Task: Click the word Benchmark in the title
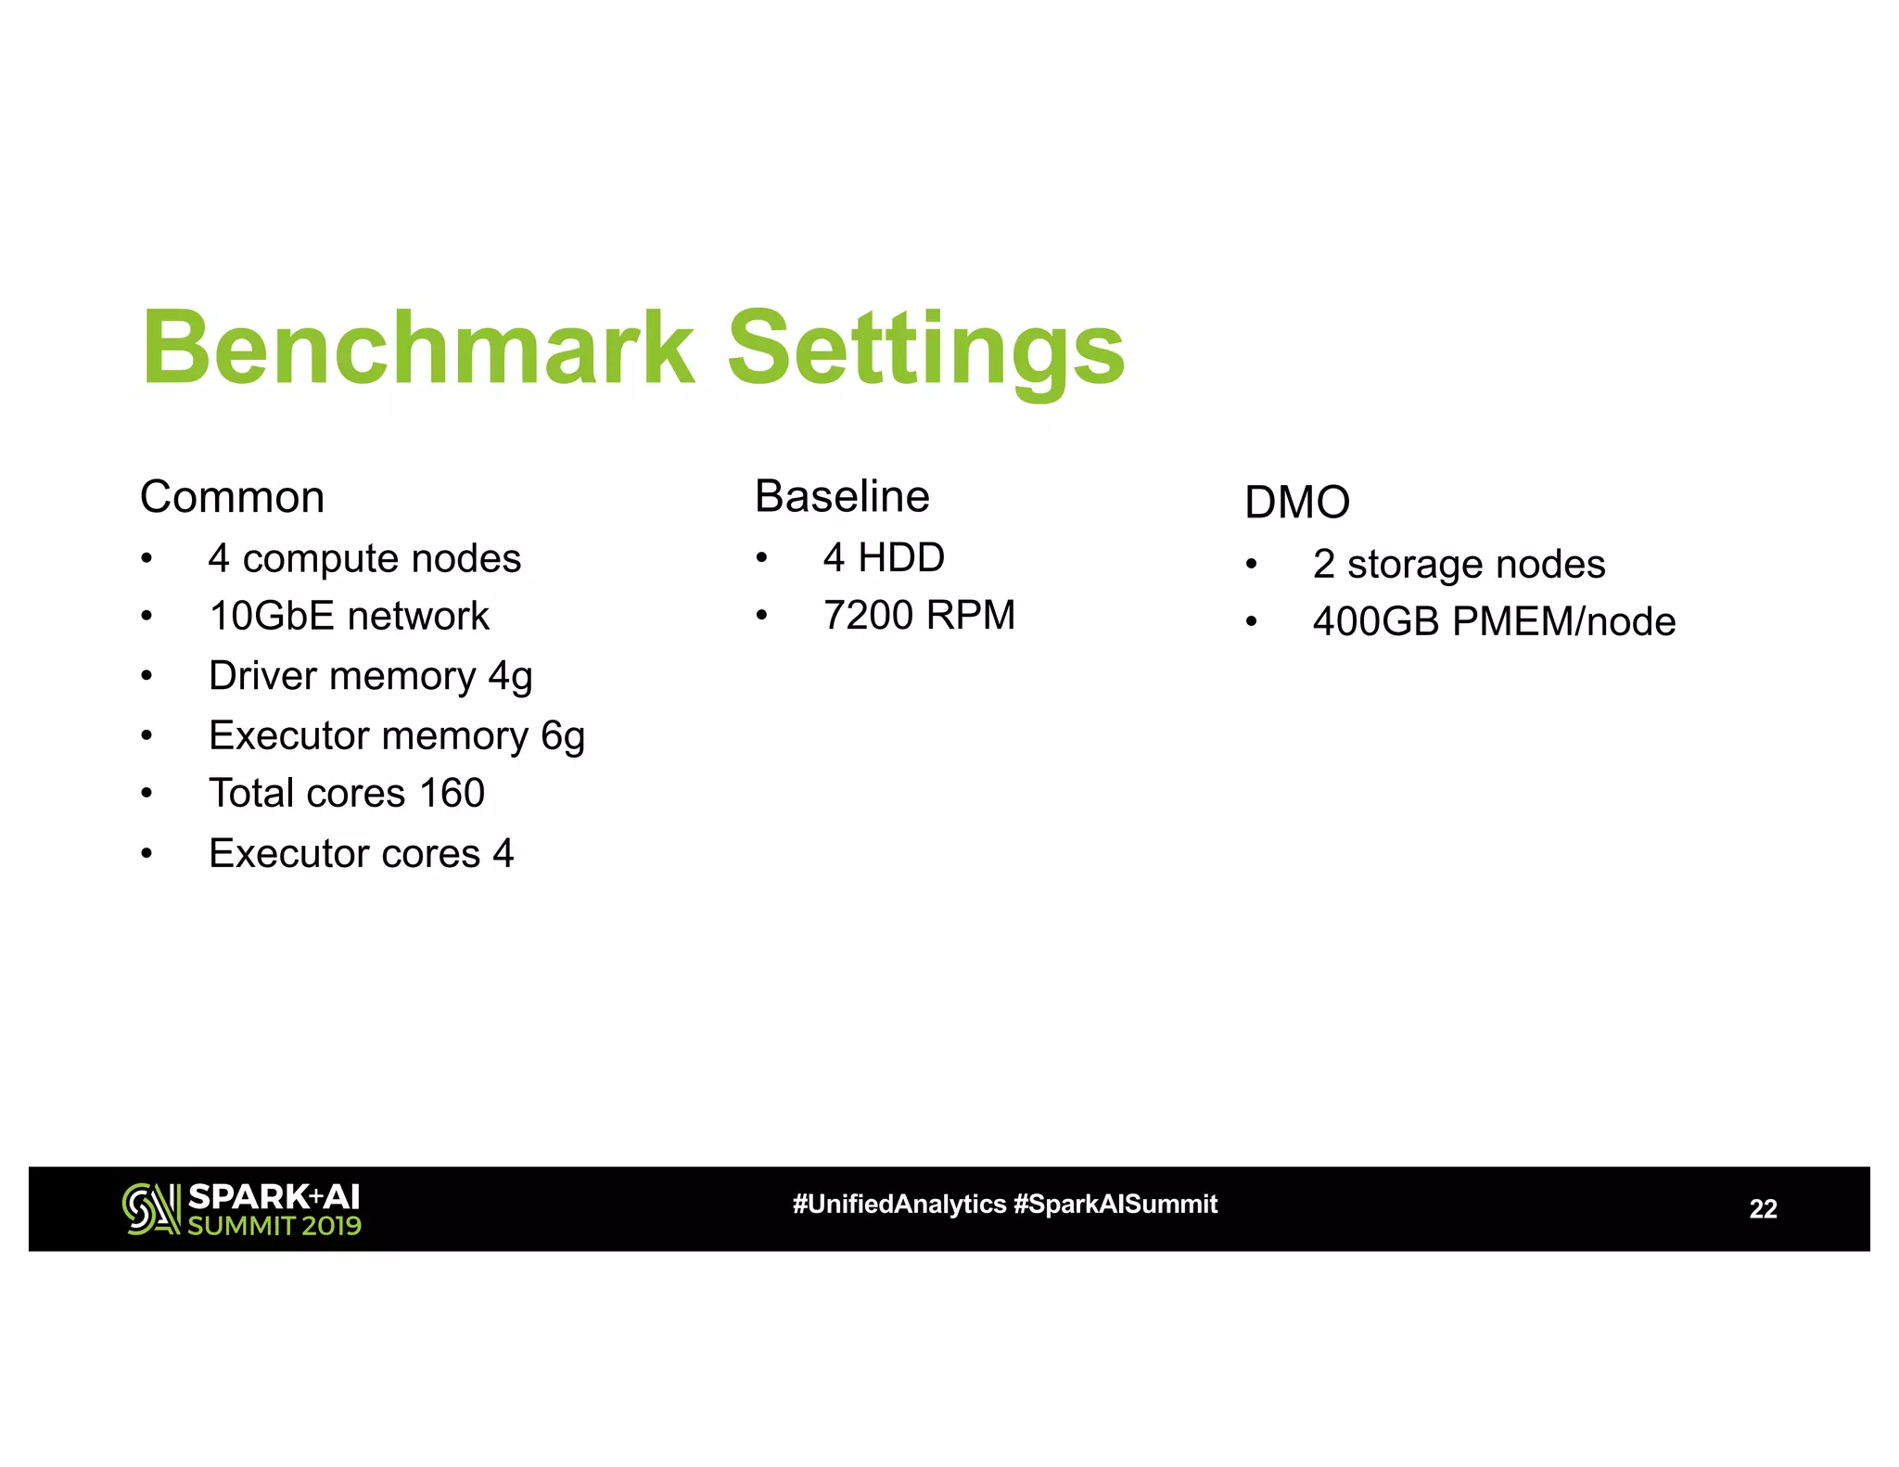tap(417, 349)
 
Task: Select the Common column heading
tap(232, 497)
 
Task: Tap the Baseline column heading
tap(842, 496)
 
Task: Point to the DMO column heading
tap(1296, 503)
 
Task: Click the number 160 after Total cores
tap(452, 794)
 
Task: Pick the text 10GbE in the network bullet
tap(272, 617)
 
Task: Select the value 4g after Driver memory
tap(510, 677)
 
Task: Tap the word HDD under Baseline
tap(901, 558)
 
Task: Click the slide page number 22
tap(1763, 1209)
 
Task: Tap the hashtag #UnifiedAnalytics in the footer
tap(899, 1205)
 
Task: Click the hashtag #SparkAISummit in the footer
tap(1115, 1205)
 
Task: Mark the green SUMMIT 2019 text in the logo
tap(274, 1226)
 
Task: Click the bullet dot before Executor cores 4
tap(147, 853)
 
